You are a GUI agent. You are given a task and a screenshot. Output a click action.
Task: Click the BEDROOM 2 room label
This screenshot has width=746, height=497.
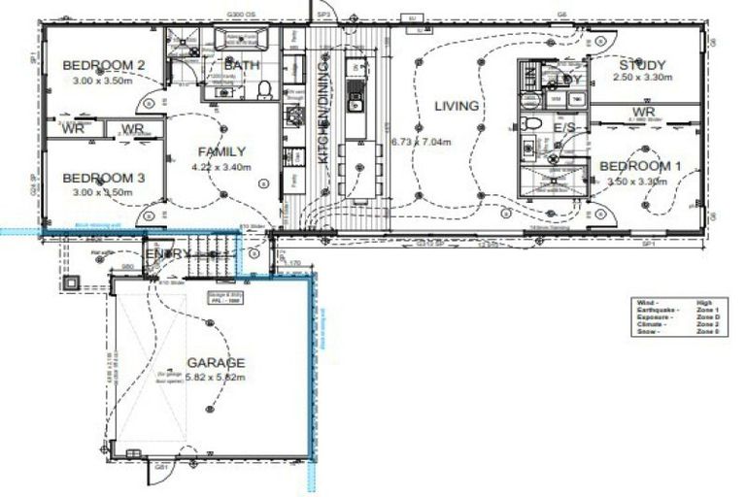tap(104, 65)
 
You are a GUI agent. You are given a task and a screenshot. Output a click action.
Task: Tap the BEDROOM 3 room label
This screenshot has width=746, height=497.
tap(104, 178)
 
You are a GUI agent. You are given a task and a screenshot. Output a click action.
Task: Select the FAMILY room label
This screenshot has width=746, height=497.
tap(221, 151)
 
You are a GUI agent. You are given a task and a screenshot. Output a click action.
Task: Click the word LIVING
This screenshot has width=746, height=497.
tap(457, 106)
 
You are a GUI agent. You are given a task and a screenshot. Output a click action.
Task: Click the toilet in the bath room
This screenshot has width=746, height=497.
tap(263, 90)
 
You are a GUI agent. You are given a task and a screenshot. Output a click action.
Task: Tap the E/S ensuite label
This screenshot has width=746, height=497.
tap(565, 127)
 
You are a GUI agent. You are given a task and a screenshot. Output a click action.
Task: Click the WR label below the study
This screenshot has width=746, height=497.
tap(642, 112)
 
